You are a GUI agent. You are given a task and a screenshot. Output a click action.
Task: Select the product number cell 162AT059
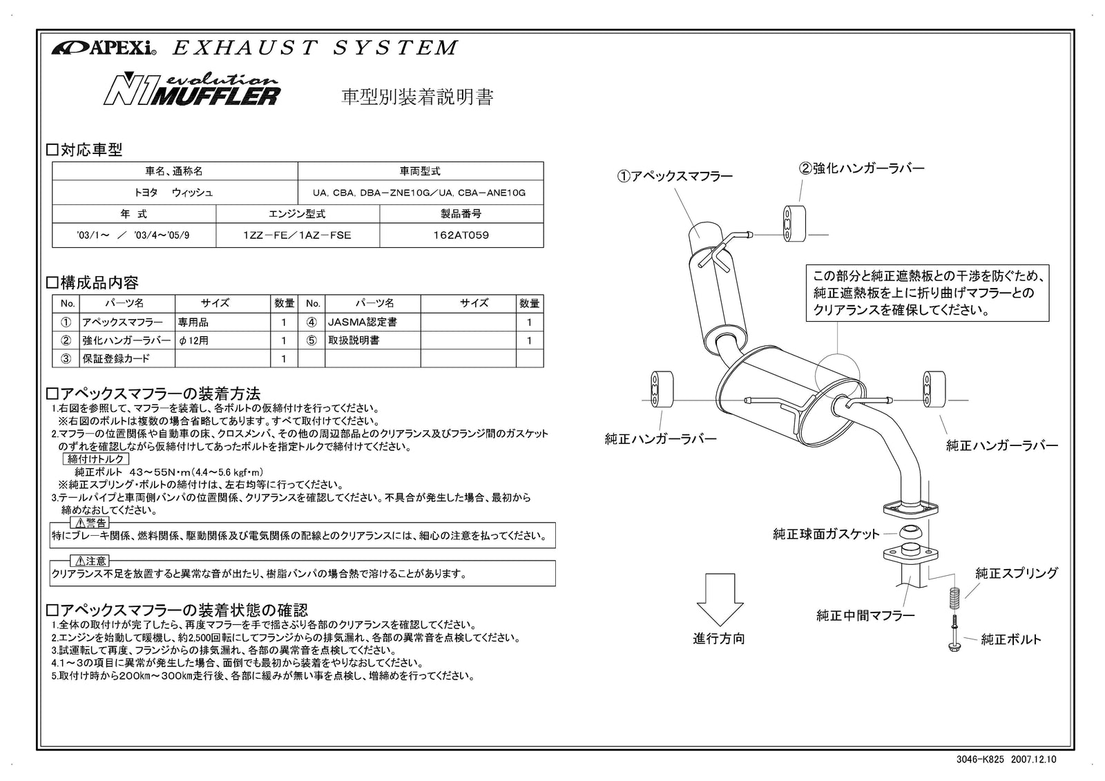461,235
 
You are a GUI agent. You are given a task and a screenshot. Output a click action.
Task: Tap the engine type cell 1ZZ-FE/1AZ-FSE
297,235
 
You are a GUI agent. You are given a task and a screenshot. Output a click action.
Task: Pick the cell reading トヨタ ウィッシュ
174,193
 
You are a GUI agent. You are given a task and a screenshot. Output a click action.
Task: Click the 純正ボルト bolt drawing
954,633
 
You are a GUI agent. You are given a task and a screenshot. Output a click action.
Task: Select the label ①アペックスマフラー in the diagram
675,177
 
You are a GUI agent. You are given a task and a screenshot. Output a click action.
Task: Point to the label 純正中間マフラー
865,615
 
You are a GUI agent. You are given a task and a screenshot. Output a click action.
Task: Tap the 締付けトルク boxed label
96,459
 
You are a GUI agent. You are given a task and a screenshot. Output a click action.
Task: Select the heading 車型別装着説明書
418,97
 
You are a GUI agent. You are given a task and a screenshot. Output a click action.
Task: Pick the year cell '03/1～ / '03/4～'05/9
133,235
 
